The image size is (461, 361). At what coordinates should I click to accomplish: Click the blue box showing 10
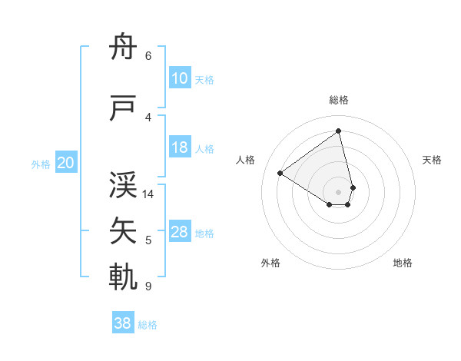coord(180,78)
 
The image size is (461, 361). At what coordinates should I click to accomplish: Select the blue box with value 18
coord(180,148)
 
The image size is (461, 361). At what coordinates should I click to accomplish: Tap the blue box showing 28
coord(180,232)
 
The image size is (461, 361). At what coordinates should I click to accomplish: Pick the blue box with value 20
coord(66,163)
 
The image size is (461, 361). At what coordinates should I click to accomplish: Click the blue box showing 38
coord(123,323)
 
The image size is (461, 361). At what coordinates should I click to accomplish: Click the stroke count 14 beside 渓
coord(149,194)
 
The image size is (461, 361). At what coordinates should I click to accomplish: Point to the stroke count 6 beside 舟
coord(148,55)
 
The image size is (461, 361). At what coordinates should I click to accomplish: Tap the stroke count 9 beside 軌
coord(148,286)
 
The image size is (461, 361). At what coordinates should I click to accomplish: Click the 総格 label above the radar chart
coord(338,100)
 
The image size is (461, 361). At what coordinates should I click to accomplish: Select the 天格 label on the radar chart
coord(432,160)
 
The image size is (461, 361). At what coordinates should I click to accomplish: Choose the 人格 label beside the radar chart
coord(246,160)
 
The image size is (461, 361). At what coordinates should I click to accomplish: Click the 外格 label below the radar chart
coord(270,263)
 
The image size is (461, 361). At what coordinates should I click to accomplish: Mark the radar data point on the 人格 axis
coord(280,173)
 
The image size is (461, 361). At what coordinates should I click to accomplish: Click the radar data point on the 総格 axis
coord(338,131)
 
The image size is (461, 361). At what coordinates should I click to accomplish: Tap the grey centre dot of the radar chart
coord(338,190)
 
